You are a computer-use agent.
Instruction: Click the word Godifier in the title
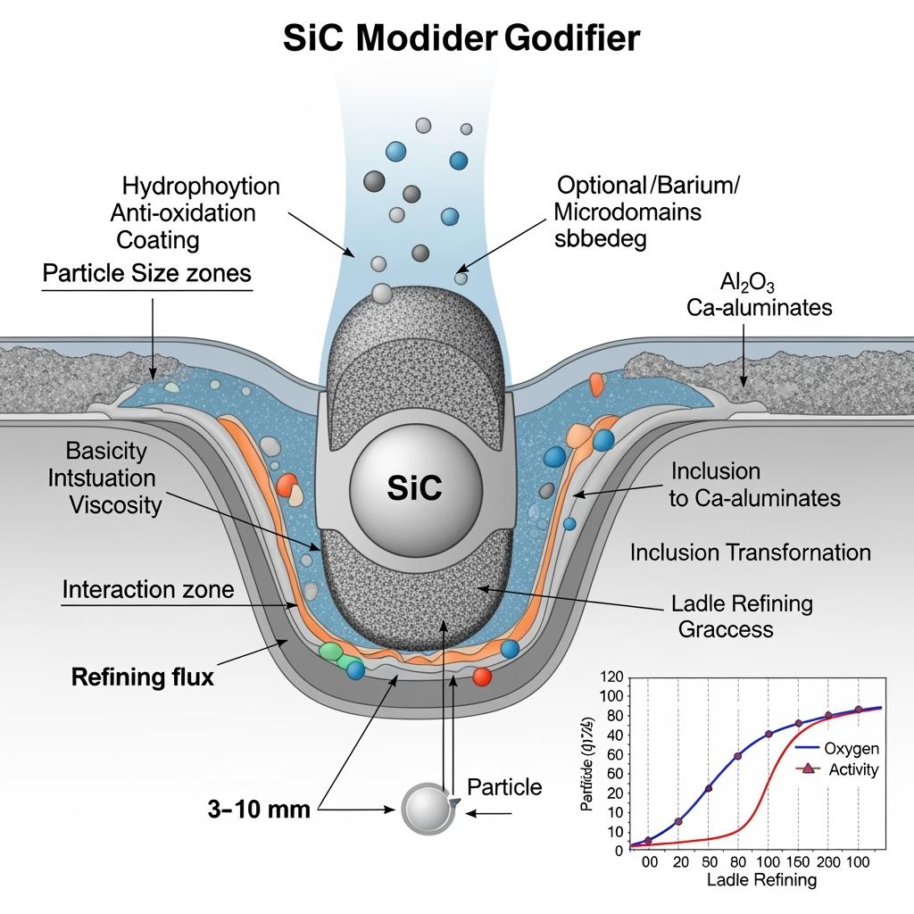point(571,38)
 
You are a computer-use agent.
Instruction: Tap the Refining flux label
point(142,677)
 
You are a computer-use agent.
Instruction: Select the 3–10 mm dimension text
point(259,810)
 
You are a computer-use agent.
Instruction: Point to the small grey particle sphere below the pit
point(428,808)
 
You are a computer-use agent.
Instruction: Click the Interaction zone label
point(148,589)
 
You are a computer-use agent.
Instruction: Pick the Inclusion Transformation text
point(750,552)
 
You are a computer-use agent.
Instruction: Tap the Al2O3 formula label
point(747,283)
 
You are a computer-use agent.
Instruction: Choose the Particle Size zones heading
point(146,273)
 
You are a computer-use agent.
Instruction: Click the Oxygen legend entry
point(851,748)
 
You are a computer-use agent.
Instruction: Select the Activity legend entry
point(853,769)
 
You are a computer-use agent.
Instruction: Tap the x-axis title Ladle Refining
point(761,880)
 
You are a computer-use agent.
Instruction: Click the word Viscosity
point(116,505)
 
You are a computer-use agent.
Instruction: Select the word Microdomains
point(627,212)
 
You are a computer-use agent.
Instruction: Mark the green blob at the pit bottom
point(330,653)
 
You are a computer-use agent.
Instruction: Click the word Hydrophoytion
point(200,186)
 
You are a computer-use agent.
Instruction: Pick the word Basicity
point(106,451)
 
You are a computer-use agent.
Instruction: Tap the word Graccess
point(725,628)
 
